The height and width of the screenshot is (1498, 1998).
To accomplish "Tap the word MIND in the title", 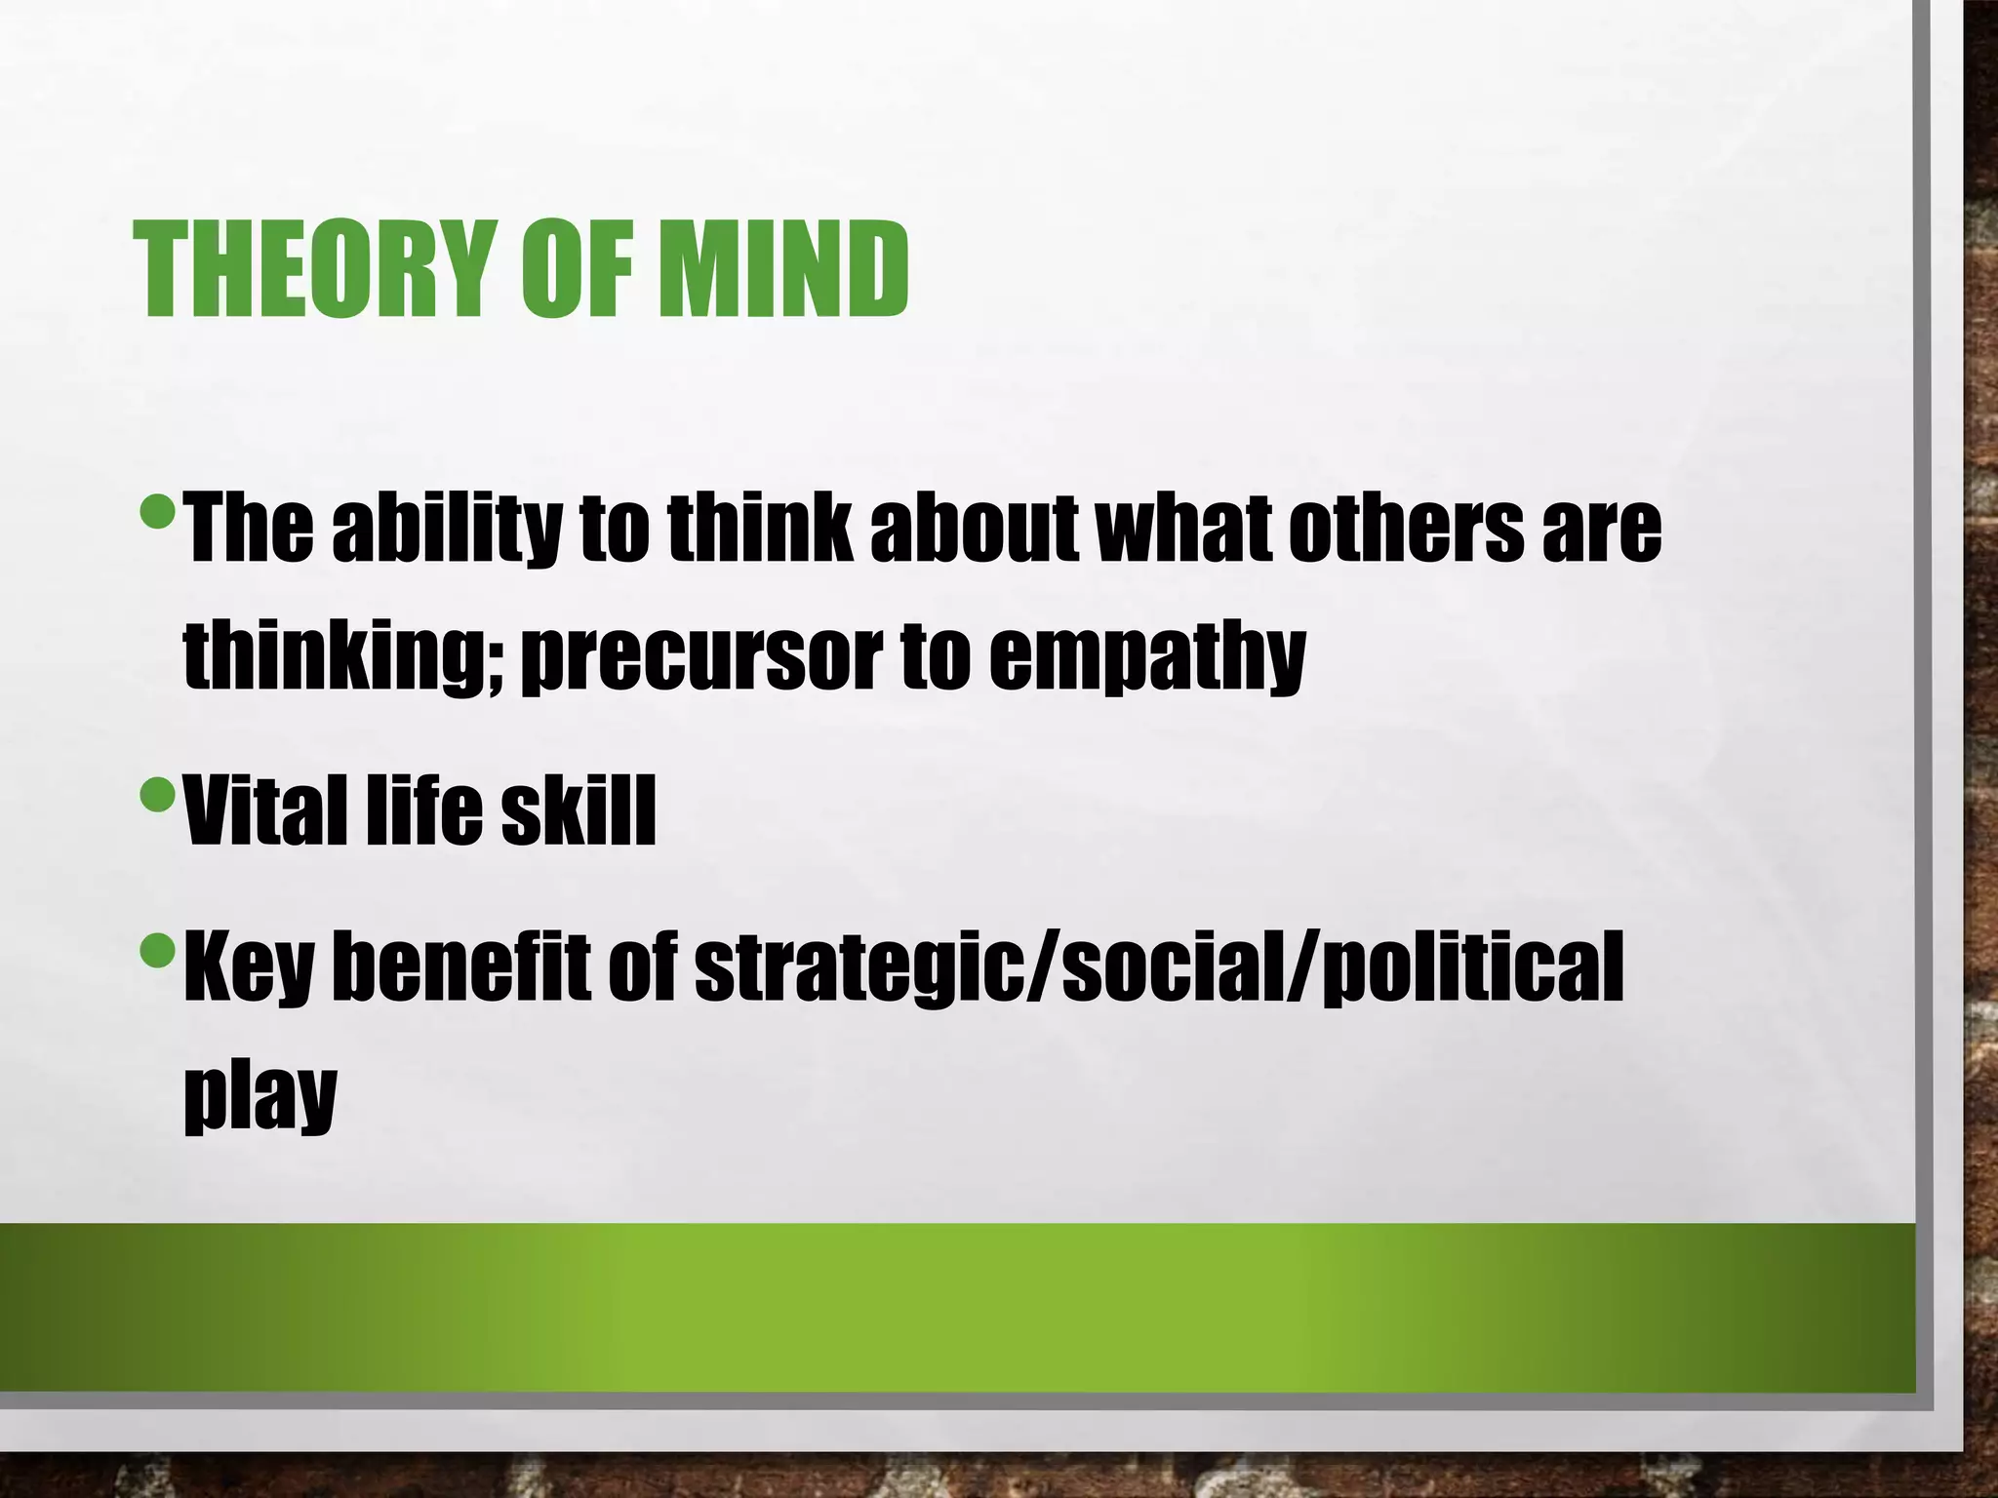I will [x=782, y=269].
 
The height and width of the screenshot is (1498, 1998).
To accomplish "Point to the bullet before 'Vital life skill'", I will [x=157, y=797].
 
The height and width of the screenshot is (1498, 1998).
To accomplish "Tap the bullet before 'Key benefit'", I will [x=157, y=945].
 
